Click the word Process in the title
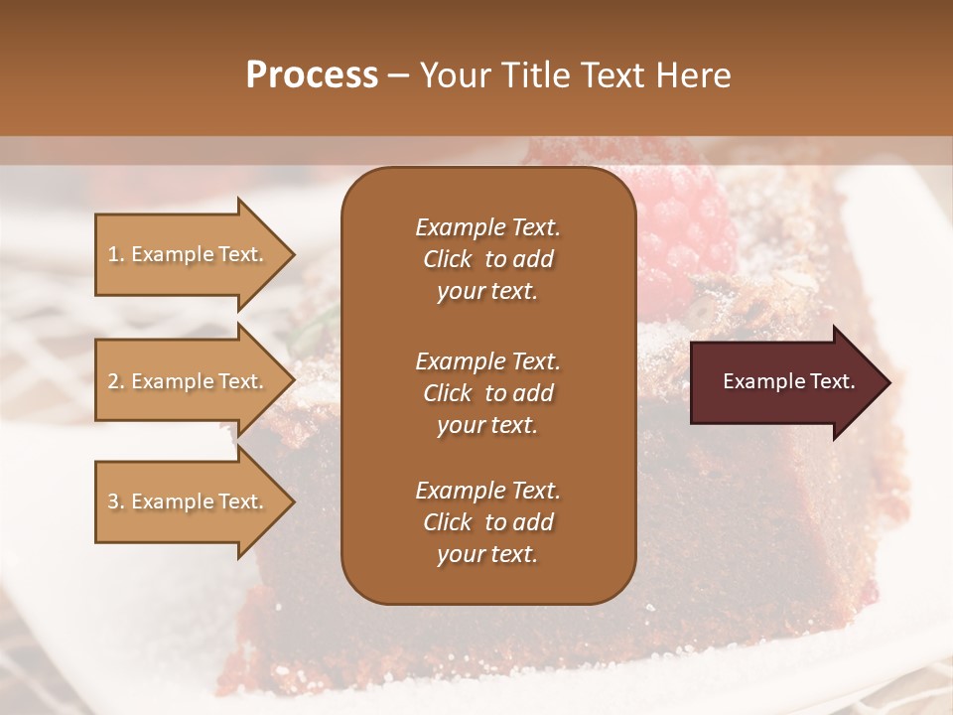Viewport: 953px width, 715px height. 312,75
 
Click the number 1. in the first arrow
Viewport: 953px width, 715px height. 116,254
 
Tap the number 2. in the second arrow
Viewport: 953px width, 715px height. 116,381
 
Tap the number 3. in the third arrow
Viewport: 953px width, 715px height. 116,501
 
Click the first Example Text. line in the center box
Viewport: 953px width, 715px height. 487,227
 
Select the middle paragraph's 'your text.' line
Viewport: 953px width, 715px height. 487,425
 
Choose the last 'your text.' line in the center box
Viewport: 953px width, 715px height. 487,555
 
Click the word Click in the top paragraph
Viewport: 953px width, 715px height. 447,260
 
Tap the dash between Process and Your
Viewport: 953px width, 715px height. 398,75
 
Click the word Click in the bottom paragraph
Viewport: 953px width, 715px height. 447,522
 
